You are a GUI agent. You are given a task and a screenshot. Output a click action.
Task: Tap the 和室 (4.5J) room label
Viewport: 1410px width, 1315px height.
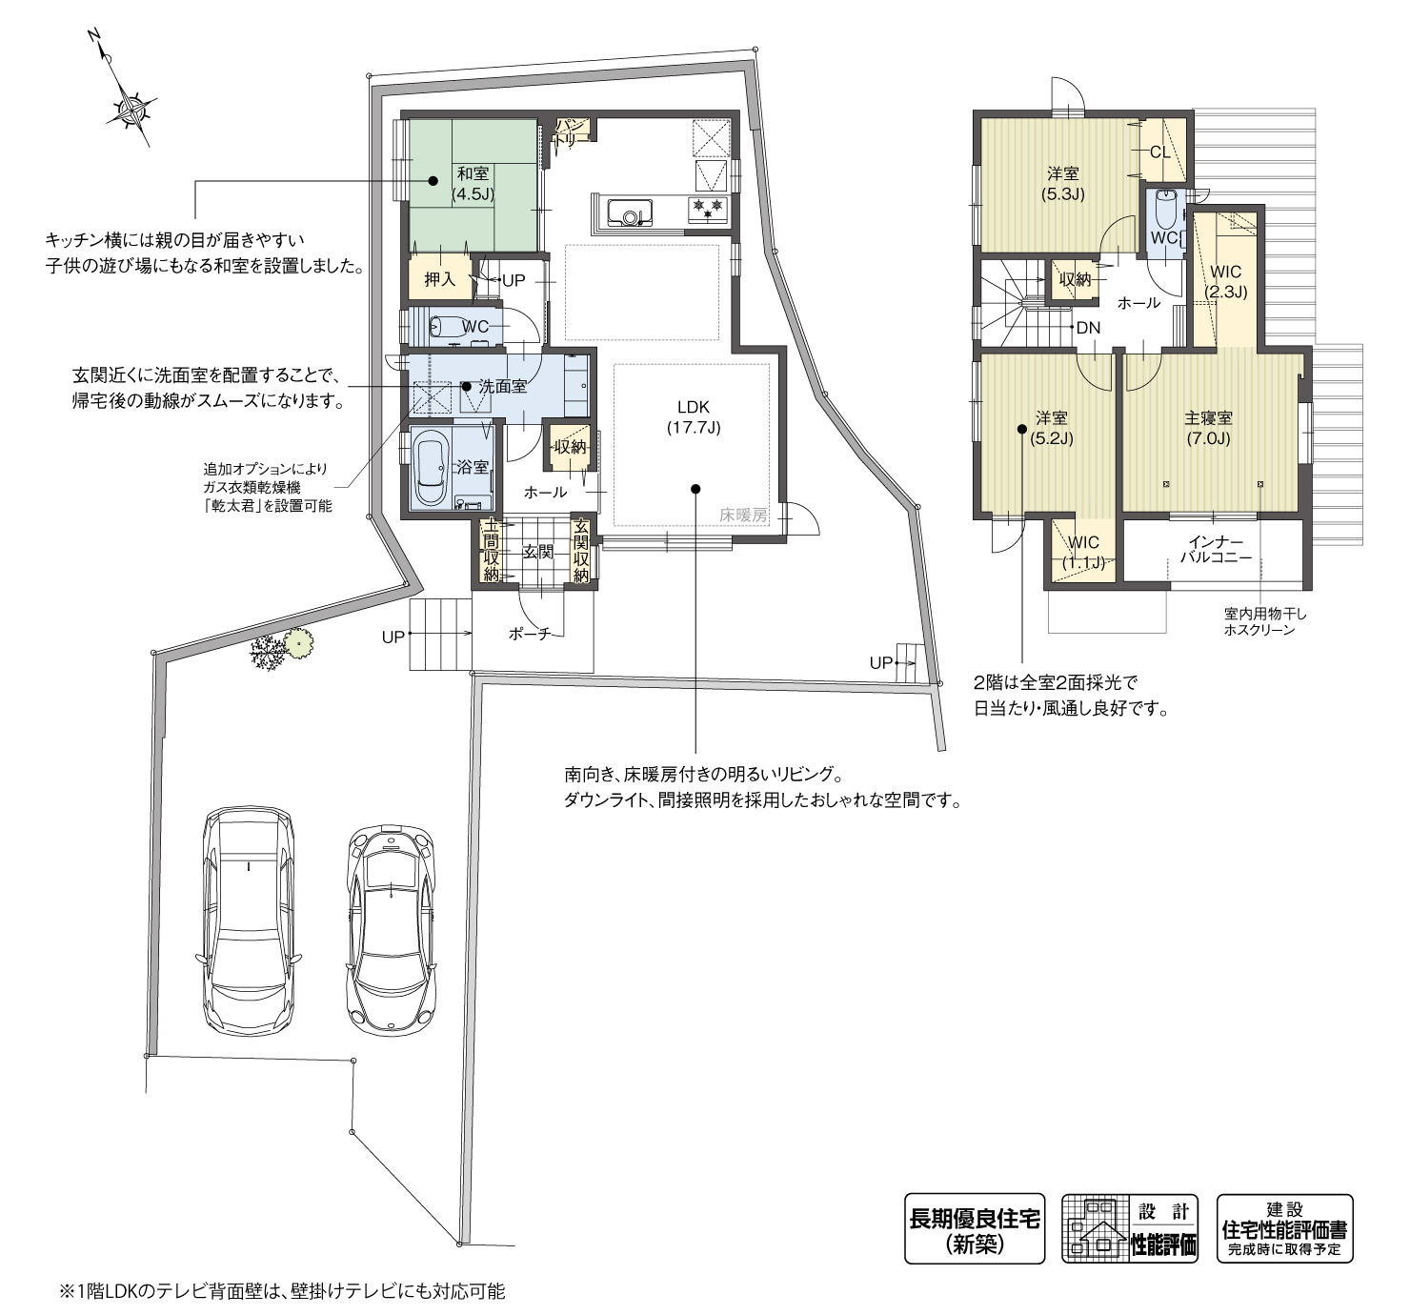pos(473,182)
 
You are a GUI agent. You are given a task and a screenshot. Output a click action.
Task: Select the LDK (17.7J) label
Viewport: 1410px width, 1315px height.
pos(693,417)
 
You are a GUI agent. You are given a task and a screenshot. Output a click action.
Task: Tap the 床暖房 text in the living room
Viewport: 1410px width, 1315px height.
pos(743,515)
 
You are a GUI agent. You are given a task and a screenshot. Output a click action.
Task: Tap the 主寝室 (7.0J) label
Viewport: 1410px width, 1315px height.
pos(1208,428)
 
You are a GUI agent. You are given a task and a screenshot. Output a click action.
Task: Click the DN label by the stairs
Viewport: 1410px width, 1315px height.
pos(1087,328)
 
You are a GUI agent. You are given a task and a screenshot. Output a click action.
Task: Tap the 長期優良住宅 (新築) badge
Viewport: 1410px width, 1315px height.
pos(975,1229)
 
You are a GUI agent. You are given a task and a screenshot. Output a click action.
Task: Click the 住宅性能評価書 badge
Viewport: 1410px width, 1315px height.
pos(1284,1229)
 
